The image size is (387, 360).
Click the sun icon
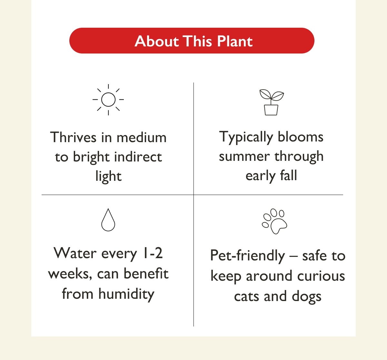point(108,100)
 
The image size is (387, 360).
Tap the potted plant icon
point(271,102)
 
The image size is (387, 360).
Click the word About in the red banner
point(156,41)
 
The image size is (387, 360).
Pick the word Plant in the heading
point(235,41)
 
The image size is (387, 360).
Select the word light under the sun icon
point(108,176)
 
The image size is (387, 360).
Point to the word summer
point(244,157)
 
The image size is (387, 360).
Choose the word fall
point(288,176)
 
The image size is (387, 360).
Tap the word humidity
point(126,294)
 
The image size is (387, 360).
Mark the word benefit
point(146,274)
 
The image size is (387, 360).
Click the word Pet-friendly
point(247,256)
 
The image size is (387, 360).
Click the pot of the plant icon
point(271,110)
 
